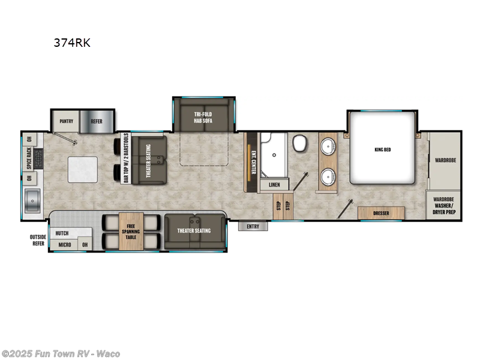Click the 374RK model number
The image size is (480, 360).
coord(70,43)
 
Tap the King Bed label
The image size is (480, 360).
coord(382,149)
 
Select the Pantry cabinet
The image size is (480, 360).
coord(66,121)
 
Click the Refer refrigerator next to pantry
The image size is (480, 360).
coord(97,121)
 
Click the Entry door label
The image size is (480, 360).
coord(253,226)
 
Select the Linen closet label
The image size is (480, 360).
coord(274,185)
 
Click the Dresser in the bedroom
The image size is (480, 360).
coord(381,212)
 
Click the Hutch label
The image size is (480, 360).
coord(62,233)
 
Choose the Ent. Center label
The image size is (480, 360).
coord(253,160)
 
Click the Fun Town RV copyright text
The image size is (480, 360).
coord(61,354)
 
